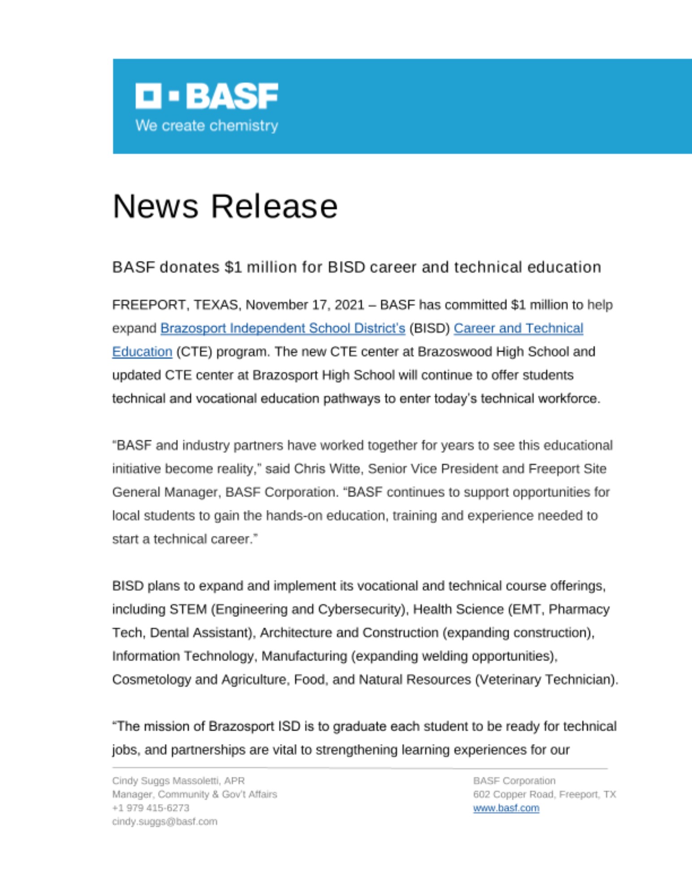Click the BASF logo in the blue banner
[x=206, y=96]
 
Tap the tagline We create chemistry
[x=206, y=125]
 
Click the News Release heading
[x=225, y=207]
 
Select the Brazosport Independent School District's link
[x=283, y=328]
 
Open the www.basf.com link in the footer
[x=506, y=808]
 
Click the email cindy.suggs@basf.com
[x=164, y=821]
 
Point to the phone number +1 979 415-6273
[x=150, y=808]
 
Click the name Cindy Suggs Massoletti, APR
[x=178, y=781]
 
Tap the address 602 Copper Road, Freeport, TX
[x=544, y=794]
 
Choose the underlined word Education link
[x=142, y=352]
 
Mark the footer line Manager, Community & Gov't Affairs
[x=194, y=794]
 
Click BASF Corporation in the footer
[x=514, y=781]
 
